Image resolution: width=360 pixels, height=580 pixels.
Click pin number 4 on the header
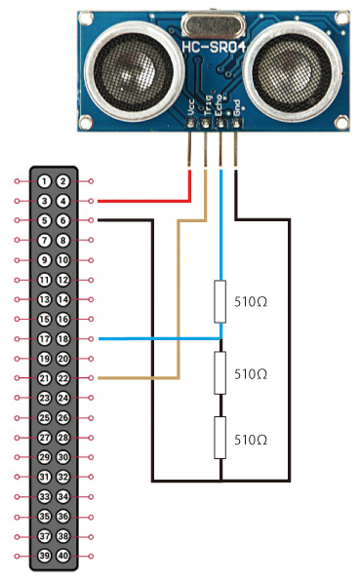(x=63, y=201)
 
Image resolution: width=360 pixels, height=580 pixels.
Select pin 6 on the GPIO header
(x=63, y=221)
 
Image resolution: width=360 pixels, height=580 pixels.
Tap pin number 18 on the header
(x=63, y=339)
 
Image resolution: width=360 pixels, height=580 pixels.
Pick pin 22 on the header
(x=63, y=378)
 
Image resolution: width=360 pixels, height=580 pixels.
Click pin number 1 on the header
(x=45, y=181)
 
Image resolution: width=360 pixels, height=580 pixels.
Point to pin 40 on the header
(x=63, y=556)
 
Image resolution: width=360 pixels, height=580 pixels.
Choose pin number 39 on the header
(x=45, y=556)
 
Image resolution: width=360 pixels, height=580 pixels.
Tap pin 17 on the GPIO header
(x=45, y=339)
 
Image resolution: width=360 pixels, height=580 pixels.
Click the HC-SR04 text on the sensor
(x=214, y=48)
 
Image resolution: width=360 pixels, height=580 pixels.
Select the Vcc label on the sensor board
(x=191, y=107)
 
